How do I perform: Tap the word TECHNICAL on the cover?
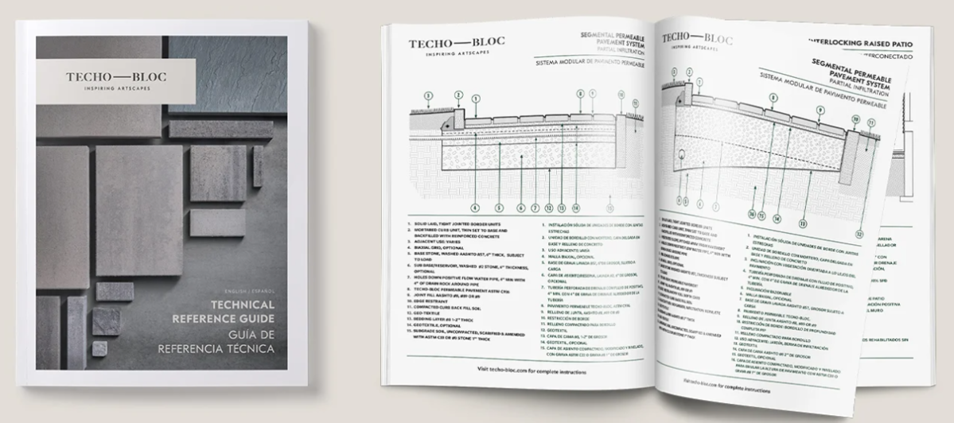[x=243, y=305]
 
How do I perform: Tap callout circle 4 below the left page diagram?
[x=476, y=209]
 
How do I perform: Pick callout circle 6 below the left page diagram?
[x=522, y=209]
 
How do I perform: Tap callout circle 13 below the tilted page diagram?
[x=802, y=225]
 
